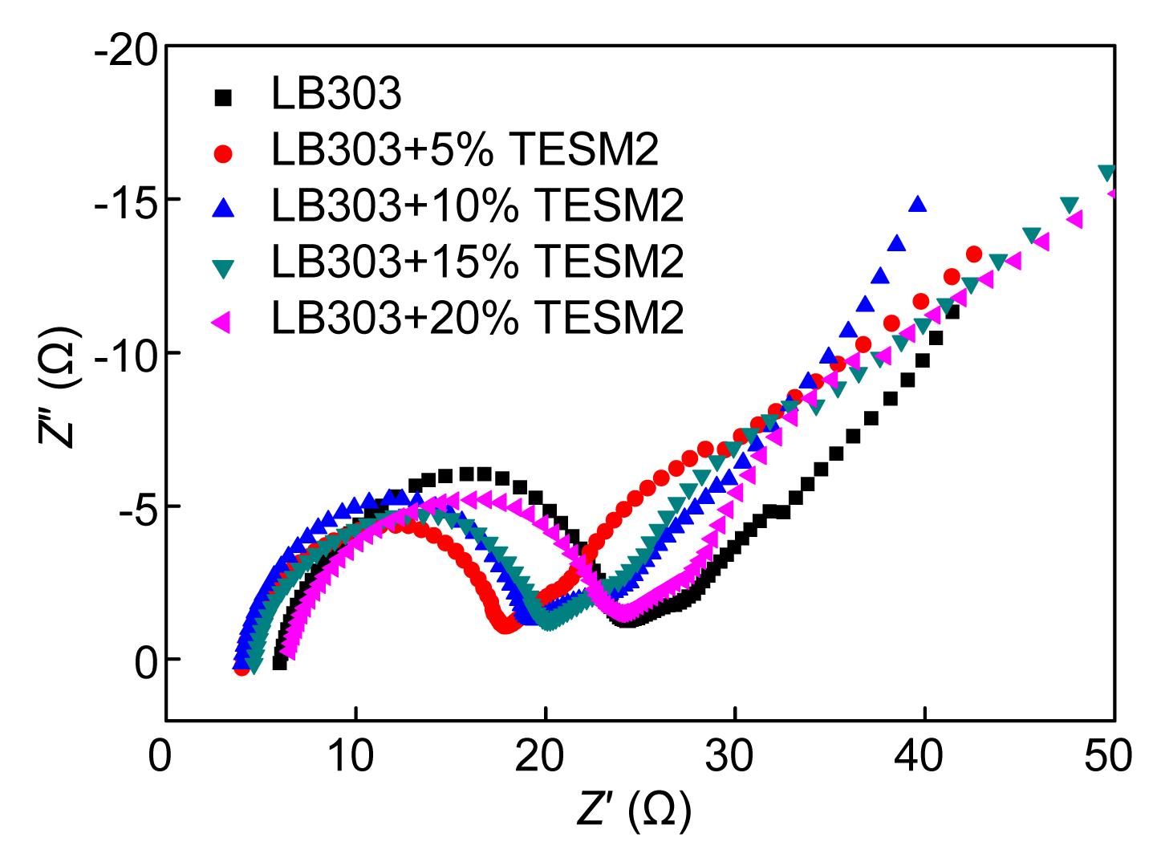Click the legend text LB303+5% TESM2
[x=465, y=150]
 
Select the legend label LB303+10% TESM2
[x=477, y=205]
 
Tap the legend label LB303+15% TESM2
[x=477, y=262]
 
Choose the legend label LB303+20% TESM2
[x=477, y=318]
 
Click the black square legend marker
[x=224, y=97]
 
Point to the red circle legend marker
[x=224, y=152]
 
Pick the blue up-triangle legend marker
[x=224, y=208]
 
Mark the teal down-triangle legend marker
[x=224, y=266]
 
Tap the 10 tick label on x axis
[x=355, y=758]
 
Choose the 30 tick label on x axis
[x=735, y=758]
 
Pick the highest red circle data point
[x=974, y=254]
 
